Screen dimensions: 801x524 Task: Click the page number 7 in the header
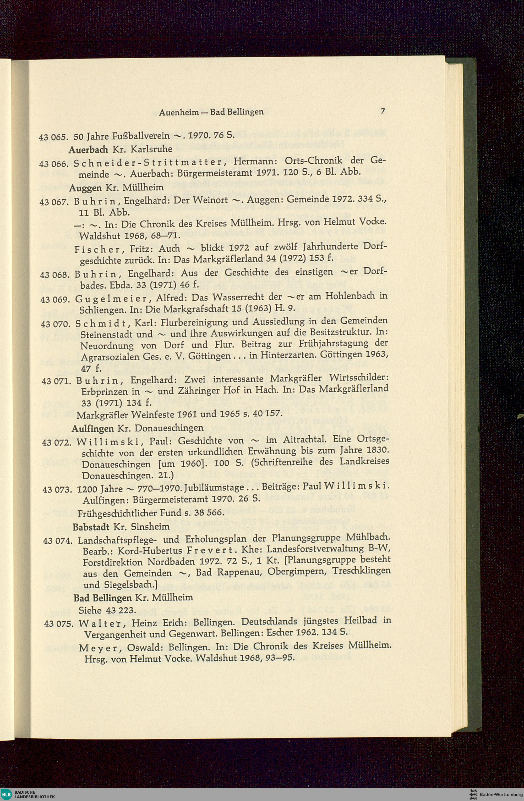click(382, 111)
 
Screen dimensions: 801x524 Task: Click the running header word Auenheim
click(178, 112)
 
